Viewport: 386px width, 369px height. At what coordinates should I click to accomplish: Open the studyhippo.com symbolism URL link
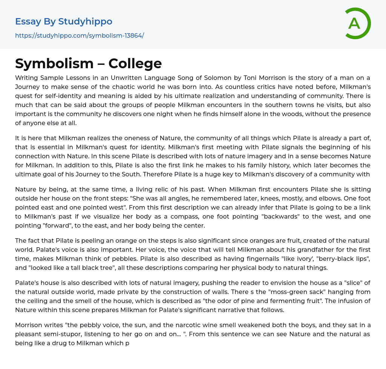(80, 35)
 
